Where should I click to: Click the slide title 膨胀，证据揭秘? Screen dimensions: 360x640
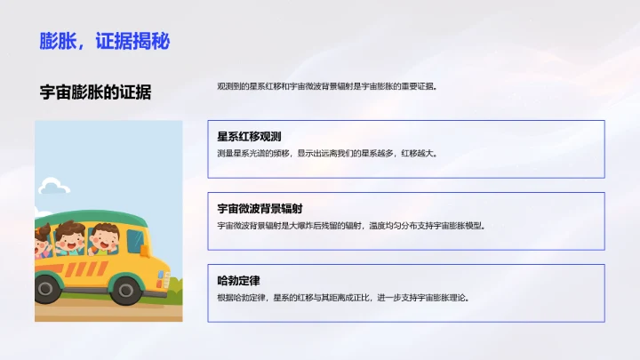coord(104,40)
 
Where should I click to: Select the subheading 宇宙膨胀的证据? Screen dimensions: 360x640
coord(95,92)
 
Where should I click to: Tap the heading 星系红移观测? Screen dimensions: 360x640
coord(249,137)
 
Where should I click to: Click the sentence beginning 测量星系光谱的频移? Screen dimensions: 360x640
coord(327,153)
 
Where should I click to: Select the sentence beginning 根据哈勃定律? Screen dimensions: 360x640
coord(342,297)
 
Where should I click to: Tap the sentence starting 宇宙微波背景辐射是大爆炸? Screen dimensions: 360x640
coord(351,225)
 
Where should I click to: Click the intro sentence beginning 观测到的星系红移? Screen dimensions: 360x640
coord(326,87)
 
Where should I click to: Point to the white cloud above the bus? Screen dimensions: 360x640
coord(53,186)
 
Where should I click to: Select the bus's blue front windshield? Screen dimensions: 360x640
coord(135,240)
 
